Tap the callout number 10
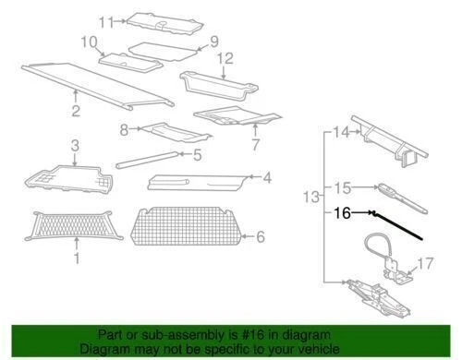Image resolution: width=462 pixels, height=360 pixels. click(89, 42)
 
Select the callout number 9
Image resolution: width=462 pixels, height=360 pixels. click(213, 41)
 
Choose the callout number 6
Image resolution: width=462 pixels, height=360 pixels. click(260, 236)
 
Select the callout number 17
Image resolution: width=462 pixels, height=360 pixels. click(424, 263)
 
